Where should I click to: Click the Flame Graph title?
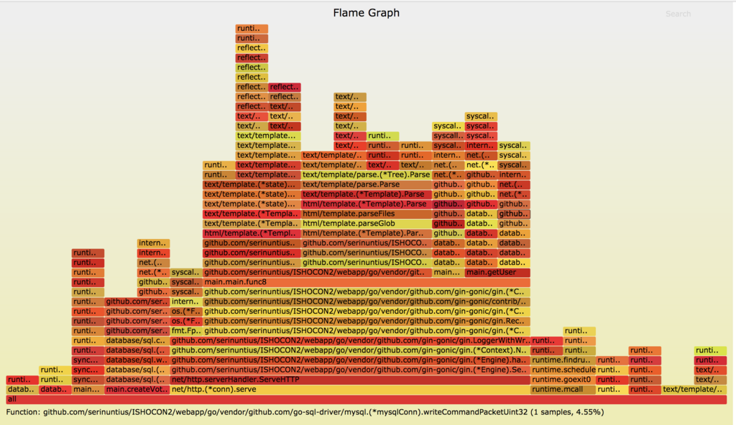(366, 13)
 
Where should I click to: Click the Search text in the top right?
(677, 14)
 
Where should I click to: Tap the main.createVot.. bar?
(136, 389)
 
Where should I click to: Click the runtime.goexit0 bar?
(563, 379)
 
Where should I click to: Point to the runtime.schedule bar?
(563, 370)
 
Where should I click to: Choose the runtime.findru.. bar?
(563, 360)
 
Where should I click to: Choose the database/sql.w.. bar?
(136, 360)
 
